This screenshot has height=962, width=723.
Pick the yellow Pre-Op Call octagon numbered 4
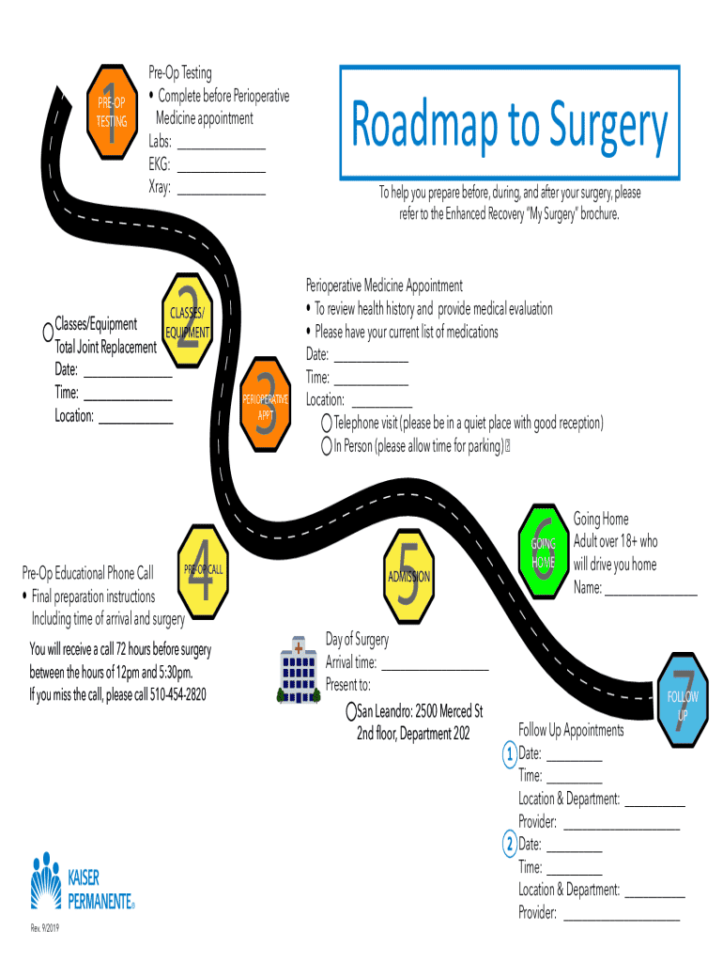point(204,570)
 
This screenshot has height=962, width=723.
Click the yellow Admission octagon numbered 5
point(408,576)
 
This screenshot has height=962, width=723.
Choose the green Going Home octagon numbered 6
point(545,553)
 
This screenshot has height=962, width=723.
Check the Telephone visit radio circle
point(326,423)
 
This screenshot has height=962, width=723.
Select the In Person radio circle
point(326,446)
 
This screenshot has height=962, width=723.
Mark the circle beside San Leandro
point(351,710)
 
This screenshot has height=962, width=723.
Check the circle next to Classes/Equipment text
point(47,332)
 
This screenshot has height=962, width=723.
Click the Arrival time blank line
point(435,663)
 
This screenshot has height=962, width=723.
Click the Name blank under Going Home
point(651,590)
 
